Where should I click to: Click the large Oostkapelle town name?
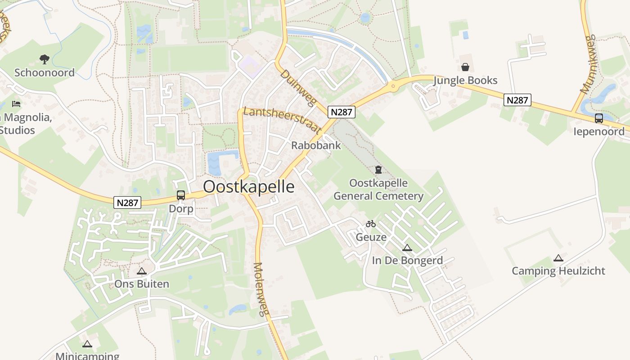tap(249, 187)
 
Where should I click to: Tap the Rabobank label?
tap(316, 145)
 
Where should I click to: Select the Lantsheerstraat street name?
tap(282, 120)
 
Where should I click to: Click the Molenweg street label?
tap(261, 289)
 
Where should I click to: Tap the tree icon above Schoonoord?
tap(44, 59)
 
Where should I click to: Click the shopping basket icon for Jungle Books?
tap(465, 67)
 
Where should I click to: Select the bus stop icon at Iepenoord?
tap(598, 118)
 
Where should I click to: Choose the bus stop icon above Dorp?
tap(181, 195)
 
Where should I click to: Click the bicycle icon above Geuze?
tap(371, 224)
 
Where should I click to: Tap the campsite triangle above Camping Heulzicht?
tap(558, 258)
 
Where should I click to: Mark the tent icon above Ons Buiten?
tap(142, 271)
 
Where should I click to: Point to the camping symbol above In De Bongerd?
tap(407, 247)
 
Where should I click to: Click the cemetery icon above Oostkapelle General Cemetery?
tap(378, 170)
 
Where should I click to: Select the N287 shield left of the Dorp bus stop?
tap(128, 203)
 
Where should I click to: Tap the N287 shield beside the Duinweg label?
tap(342, 112)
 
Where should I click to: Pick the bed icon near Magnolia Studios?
tap(16, 104)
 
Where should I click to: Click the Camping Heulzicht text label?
tap(558, 271)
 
